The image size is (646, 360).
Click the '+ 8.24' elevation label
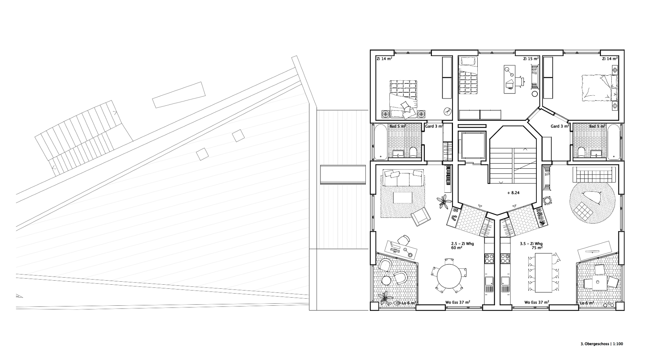513,193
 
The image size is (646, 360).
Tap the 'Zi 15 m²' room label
531,59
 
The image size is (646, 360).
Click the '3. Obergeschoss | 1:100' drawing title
602,344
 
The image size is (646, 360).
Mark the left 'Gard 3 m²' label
434,126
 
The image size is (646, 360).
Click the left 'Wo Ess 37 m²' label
457,302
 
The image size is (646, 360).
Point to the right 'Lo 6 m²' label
587,303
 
